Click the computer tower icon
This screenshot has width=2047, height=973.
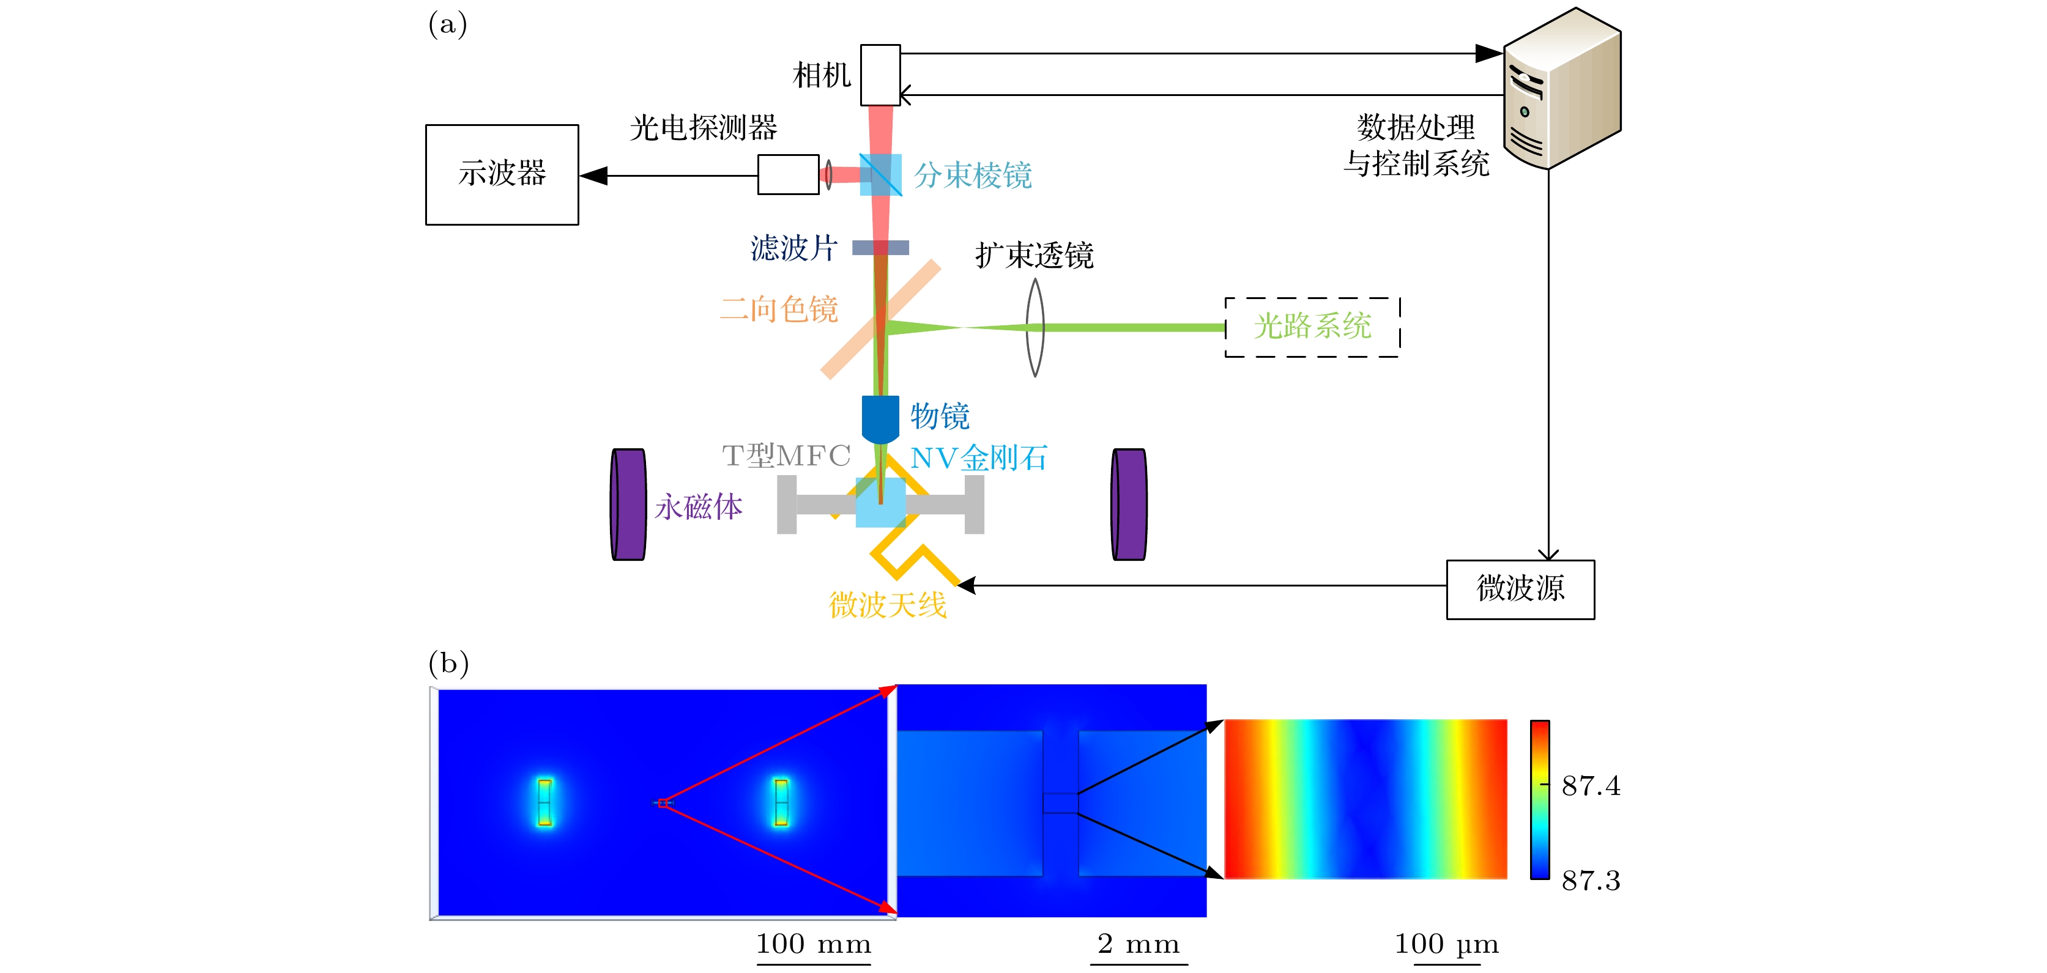click(1561, 88)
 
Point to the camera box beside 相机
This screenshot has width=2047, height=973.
click(880, 75)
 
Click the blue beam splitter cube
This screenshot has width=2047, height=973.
click(880, 175)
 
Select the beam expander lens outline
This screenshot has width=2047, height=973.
click(1034, 327)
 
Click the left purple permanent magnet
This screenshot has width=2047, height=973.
click(628, 505)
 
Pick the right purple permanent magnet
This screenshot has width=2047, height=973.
click(1128, 505)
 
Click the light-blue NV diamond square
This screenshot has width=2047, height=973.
click(880, 502)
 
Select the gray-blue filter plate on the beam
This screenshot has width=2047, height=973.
click(880, 248)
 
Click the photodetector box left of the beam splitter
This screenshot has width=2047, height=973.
click(787, 175)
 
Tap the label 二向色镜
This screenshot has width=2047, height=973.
click(779, 309)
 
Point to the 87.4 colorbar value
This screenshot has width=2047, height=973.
click(1590, 785)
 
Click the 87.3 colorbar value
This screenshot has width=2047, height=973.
click(1590, 880)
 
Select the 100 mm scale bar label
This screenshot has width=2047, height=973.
click(813, 944)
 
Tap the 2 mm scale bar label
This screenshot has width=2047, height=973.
click(1138, 944)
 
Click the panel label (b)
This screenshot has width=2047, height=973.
click(448, 662)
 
